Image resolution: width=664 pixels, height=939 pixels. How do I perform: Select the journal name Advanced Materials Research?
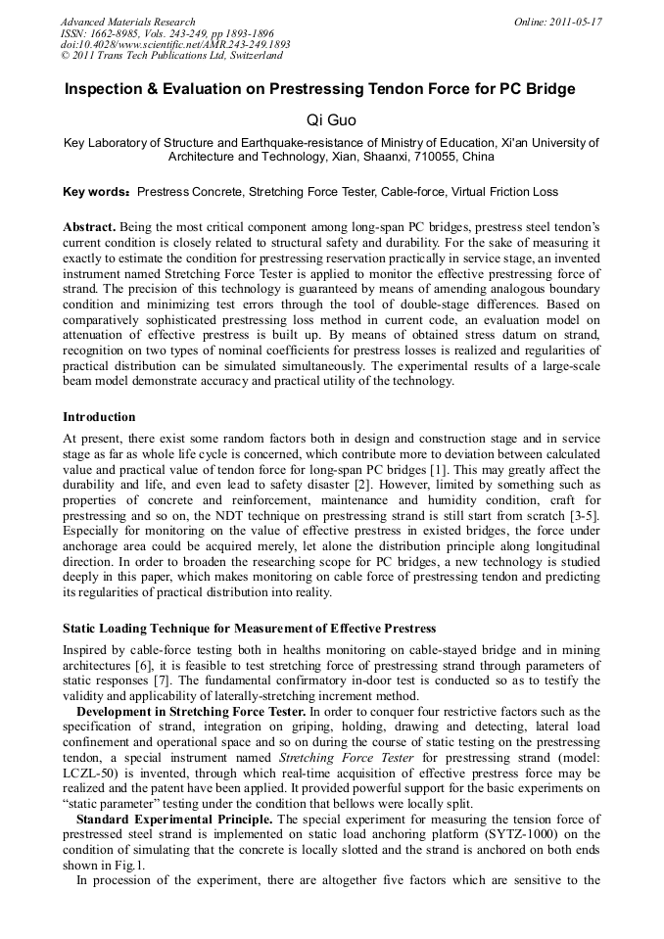coord(127,22)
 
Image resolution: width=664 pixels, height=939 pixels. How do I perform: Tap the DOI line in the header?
coord(175,45)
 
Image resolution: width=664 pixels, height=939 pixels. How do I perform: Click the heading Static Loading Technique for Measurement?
coord(249,628)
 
